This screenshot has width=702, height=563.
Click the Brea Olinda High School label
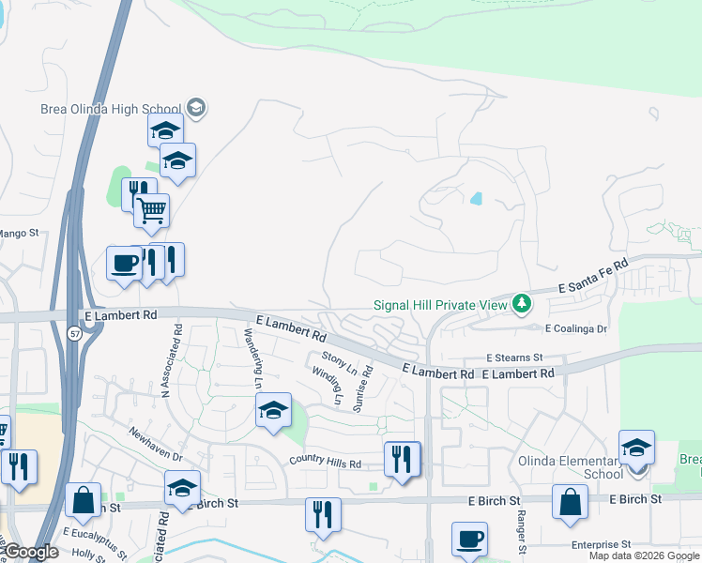[x=112, y=108]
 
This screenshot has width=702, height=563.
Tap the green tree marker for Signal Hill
[x=522, y=304]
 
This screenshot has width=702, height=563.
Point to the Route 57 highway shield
[x=74, y=332]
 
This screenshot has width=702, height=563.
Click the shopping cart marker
[x=151, y=210]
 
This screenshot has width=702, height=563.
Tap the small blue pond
[x=477, y=199]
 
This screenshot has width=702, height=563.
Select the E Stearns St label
[x=513, y=358]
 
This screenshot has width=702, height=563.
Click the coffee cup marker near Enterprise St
[x=469, y=539]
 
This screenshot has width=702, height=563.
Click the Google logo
[x=31, y=552]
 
